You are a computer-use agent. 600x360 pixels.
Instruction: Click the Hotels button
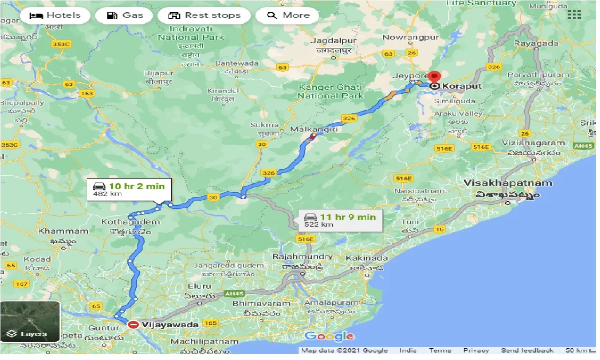(54, 15)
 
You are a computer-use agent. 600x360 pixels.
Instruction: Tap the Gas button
(124, 15)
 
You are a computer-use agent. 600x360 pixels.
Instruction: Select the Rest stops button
(204, 15)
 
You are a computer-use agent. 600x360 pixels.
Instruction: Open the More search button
(287, 15)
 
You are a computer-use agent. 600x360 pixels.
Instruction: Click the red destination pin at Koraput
(435, 78)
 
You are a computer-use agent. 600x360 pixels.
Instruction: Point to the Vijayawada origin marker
(134, 324)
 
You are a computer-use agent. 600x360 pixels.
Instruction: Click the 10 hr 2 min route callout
(129, 189)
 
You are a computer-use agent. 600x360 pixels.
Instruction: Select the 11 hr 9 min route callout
(340, 220)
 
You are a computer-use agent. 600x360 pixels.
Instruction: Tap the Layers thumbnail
(30, 322)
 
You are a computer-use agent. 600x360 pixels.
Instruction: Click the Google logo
(329, 336)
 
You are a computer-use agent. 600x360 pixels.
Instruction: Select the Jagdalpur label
(333, 41)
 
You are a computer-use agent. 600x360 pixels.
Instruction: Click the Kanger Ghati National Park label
(330, 91)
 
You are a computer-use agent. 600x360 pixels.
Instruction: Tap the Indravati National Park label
(191, 33)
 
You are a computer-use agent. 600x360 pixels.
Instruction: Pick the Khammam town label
(63, 231)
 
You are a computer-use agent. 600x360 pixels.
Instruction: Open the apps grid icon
(574, 15)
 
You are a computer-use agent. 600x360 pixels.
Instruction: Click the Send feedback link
(527, 351)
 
